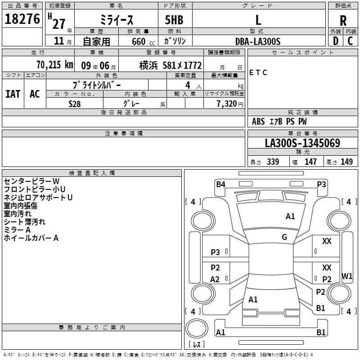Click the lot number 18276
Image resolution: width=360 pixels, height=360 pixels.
tap(22, 19)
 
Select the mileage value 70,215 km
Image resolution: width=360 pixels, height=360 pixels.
tap(55, 65)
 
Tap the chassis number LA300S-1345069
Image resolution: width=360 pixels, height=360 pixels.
tap(302, 143)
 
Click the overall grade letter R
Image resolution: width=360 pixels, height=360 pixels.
tap(343, 21)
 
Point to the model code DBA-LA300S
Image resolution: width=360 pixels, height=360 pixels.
tap(258, 41)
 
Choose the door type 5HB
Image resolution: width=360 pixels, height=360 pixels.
tap(174, 20)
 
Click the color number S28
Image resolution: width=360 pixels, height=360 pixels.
tap(74, 104)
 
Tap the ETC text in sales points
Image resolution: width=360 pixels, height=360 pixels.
tap(258, 72)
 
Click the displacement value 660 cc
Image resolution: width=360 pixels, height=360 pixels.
tap(143, 42)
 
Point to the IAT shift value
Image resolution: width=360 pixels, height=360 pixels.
tap(13, 94)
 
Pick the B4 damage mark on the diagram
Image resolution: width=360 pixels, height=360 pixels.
tap(220, 184)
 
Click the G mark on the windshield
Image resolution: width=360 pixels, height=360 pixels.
tap(284, 237)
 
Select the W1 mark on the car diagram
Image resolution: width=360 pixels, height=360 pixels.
tap(347, 276)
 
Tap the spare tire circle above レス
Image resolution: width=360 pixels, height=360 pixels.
tap(197, 328)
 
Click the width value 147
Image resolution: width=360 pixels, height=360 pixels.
tap(310, 162)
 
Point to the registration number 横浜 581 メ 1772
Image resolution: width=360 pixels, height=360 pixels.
tap(171, 66)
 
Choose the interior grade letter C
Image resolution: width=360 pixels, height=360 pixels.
tap(350, 41)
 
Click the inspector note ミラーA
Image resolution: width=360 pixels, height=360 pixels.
tap(17, 230)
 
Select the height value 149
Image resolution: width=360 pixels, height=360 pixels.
tap(346, 162)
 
